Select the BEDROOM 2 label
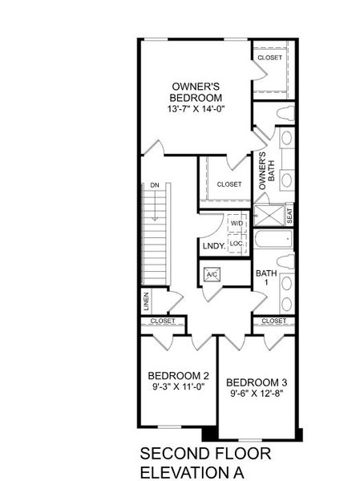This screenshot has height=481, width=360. click(178, 374)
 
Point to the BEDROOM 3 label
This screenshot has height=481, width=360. click(257, 382)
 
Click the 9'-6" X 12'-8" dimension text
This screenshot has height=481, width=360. click(257, 394)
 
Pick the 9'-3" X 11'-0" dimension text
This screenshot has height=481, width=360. click(178, 386)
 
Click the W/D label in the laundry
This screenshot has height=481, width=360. click(237, 224)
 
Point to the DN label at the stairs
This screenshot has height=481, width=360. click(153, 186)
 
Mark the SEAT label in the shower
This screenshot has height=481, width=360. click(289, 216)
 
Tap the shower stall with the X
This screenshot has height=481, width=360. click(269, 216)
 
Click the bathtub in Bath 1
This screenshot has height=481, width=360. click(273, 239)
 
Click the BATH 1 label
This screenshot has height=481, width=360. click(266, 278)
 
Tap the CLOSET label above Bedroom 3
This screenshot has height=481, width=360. click(273, 321)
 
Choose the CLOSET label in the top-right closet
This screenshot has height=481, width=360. click(270, 58)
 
